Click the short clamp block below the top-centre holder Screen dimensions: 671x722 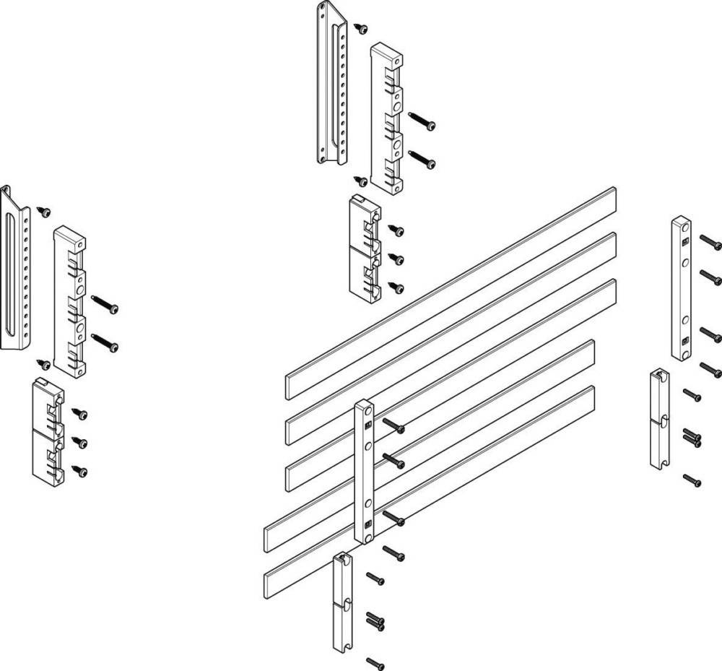pyautogui.click(x=365, y=246)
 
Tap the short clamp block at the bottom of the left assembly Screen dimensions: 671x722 pyautogui.click(x=48, y=430)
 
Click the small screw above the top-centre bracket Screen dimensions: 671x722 pyautogui.click(x=361, y=28)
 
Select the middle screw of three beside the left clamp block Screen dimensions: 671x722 pyautogui.click(x=80, y=442)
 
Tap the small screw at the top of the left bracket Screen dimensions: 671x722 pyautogui.click(x=44, y=212)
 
